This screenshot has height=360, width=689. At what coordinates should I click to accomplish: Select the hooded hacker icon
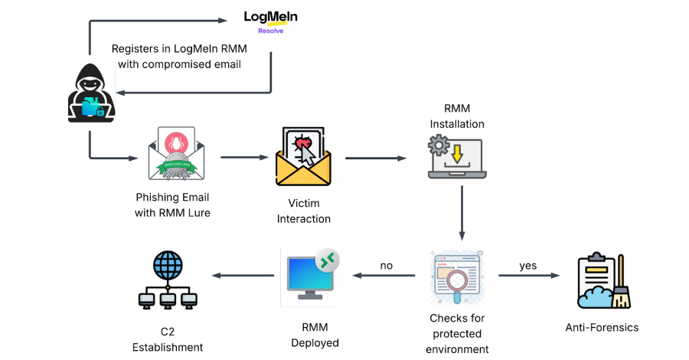click(x=90, y=93)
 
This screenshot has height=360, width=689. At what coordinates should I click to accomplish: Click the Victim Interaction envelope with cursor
click(x=304, y=158)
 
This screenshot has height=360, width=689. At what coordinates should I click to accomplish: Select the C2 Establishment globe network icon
click(x=168, y=282)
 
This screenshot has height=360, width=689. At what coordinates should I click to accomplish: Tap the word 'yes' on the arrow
click(x=528, y=266)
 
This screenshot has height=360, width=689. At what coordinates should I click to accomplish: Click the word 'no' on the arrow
click(x=387, y=266)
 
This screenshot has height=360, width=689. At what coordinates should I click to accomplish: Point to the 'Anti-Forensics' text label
click(x=602, y=327)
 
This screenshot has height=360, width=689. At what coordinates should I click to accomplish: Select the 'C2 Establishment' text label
click(x=168, y=339)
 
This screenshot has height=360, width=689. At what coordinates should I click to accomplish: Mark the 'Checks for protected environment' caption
click(x=459, y=333)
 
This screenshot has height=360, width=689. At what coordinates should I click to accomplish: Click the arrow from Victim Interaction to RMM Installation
click(x=375, y=159)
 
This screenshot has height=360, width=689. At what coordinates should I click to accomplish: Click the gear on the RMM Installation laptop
click(x=437, y=146)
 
